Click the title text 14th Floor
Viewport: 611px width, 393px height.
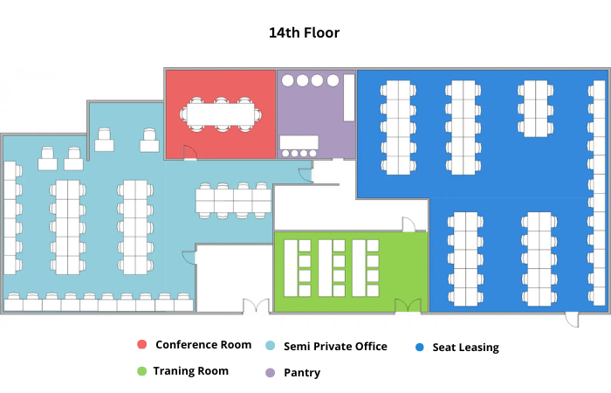[304, 33]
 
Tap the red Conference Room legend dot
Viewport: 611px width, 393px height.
[141, 344]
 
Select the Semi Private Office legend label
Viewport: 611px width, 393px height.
[335, 346]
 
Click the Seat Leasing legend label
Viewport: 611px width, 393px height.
[465, 347]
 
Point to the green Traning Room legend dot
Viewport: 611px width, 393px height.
[141, 371]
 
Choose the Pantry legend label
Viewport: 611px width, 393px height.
[302, 373]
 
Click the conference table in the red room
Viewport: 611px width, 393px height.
[221, 114]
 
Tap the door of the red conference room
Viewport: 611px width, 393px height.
[189, 153]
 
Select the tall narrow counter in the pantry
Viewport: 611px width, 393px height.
[349, 98]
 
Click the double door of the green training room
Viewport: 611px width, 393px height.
[408, 306]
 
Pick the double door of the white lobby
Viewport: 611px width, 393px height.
[256, 306]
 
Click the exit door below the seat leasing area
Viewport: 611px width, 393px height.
[572, 319]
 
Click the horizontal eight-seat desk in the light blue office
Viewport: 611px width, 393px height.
[233, 200]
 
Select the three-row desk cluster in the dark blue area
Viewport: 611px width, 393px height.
[535, 109]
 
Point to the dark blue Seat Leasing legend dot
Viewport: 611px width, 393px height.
[420, 347]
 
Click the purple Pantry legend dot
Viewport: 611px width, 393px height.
[270, 373]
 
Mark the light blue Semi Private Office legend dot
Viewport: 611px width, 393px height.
[270, 346]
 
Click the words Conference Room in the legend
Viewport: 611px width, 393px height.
[203, 345]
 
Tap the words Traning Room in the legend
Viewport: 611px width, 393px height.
[190, 371]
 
